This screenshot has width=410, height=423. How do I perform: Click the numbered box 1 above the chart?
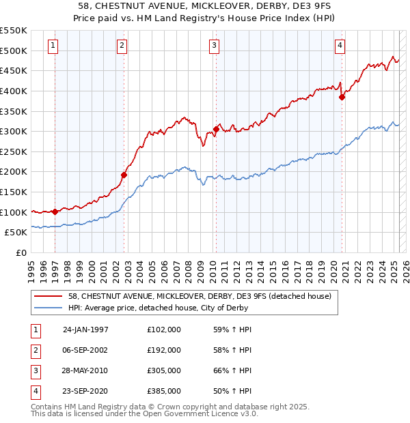(53, 46)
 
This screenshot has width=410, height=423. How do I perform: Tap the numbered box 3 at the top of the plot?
(214, 46)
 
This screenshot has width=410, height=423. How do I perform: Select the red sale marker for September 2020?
(342, 97)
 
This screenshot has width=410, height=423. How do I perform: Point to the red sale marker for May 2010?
(216, 129)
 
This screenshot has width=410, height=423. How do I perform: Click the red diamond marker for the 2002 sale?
(124, 175)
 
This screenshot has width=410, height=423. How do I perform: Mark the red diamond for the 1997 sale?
(55, 211)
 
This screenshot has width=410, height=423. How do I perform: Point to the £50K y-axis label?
(16, 233)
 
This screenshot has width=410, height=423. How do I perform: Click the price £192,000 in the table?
(164, 349)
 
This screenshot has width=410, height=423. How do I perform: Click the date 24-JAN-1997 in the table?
(85, 329)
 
